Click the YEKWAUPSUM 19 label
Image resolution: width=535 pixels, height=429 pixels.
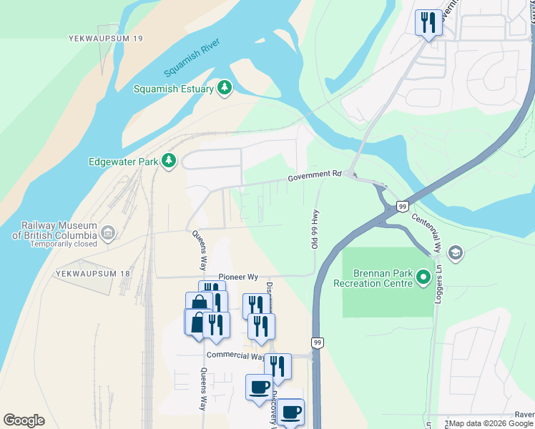(x=107, y=37)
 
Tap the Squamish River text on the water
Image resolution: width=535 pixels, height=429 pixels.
(x=192, y=59)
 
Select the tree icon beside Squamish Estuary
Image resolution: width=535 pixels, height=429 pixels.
(x=225, y=88)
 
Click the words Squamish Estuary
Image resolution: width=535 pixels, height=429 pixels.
(x=174, y=89)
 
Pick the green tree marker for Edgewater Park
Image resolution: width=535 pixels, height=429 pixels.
(x=169, y=162)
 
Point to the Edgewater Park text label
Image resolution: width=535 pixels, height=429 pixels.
(x=123, y=162)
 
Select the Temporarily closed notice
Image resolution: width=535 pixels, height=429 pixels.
(x=64, y=244)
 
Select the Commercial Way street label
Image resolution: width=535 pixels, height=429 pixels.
(x=235, y=355)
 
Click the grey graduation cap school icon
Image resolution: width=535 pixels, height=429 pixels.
(x=455, y=252)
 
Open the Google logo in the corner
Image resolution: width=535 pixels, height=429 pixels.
(x=24, y=420)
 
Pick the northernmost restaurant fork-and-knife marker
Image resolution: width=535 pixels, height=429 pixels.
(x=428, y=23)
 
